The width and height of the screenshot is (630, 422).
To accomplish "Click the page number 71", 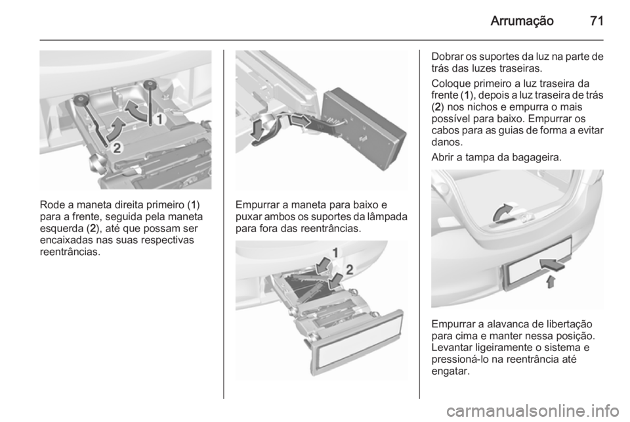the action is (597, 20).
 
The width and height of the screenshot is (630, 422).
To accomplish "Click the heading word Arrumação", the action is (522, 21).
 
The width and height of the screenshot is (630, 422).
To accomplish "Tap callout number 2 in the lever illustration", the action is (117, 148).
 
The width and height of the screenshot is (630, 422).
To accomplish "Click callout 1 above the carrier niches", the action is (335, 252).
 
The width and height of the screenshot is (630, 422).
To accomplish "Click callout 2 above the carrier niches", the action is (350, 270).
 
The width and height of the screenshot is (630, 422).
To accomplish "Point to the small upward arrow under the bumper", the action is (551, 281).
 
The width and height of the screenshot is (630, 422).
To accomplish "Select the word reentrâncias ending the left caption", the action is (70, 252).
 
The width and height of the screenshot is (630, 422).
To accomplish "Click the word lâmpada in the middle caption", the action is (387, 217).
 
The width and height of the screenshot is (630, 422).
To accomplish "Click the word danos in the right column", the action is (447, 142).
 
